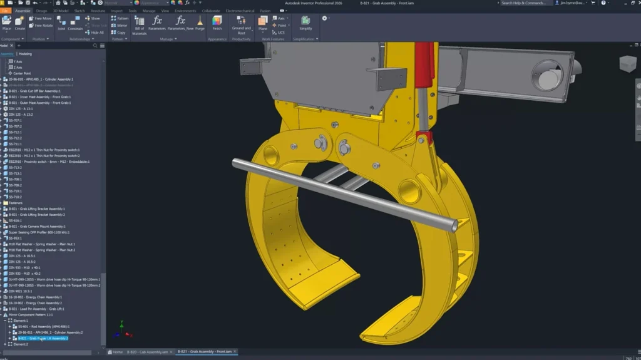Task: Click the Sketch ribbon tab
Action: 79,11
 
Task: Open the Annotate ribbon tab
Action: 98,11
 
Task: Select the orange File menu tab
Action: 5,11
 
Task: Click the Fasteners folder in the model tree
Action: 16,203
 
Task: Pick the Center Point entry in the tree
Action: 22,73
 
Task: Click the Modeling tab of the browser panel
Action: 25,54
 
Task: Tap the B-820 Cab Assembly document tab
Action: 148,352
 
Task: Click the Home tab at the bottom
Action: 116,352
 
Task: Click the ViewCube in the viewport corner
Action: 627,63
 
